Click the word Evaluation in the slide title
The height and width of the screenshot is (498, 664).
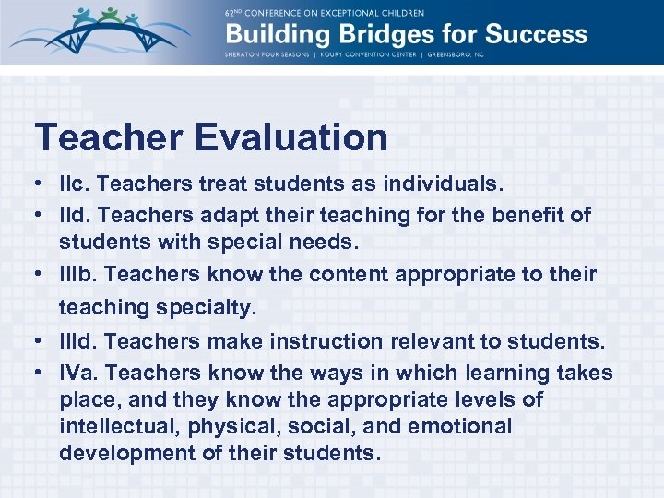click(x=290, y=137)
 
